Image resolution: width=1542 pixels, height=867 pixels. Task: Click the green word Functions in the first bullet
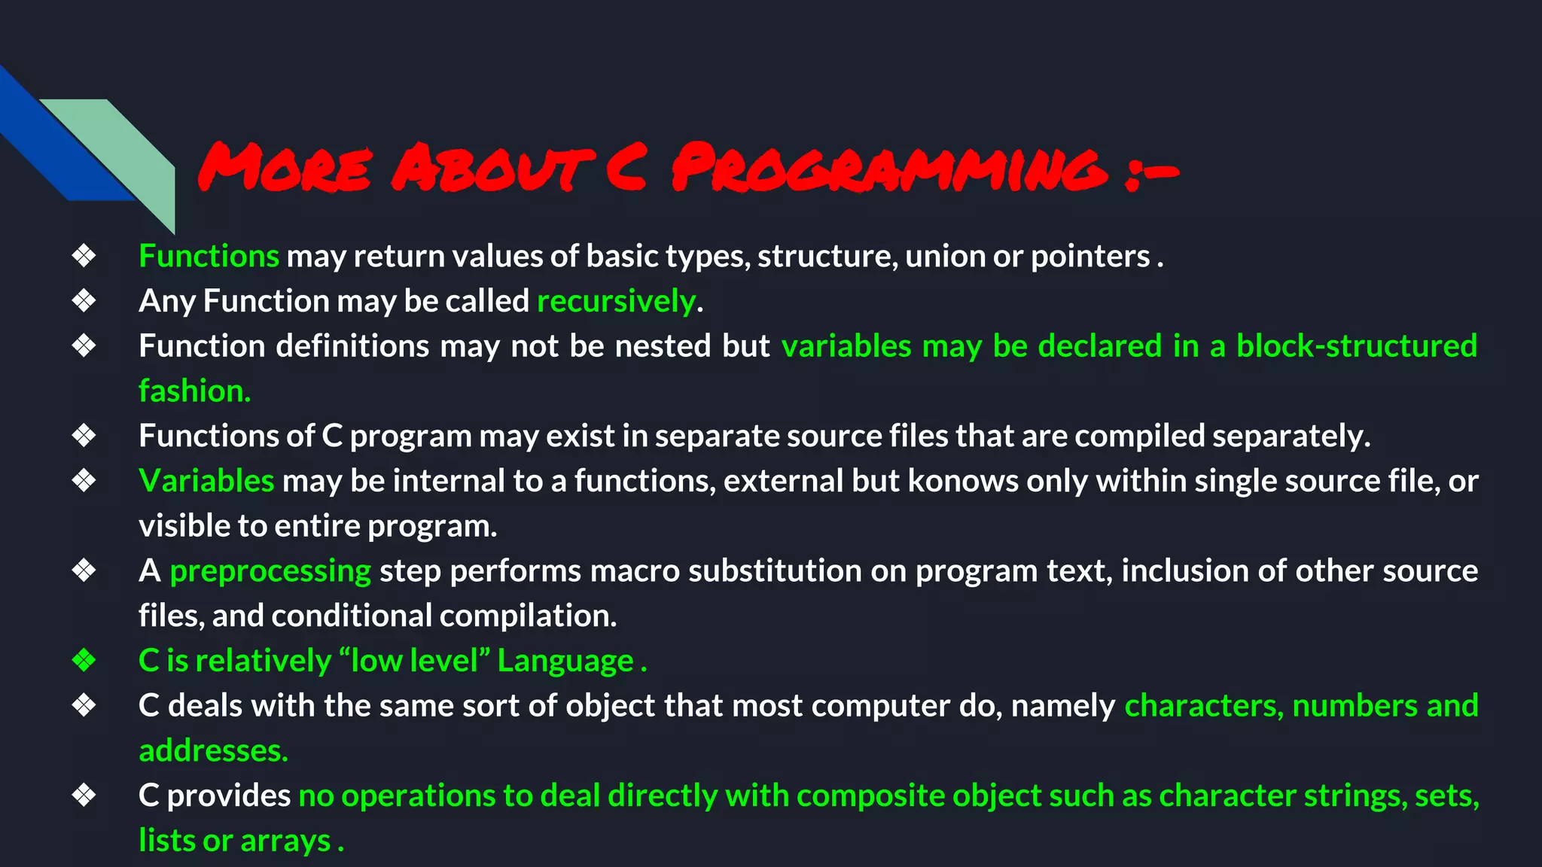tap(209, 257)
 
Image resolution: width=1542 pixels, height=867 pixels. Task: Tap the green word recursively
tap(616, 301)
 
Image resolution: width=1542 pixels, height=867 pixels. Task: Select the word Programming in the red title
tap(889, 167)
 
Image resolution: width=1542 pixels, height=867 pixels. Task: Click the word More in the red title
tap(285, 167)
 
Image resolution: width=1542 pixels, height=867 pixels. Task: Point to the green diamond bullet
tap(84, 661)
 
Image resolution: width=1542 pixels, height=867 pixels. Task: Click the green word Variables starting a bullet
tap(206, 481)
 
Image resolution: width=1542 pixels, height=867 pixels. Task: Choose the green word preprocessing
tap(270, 571)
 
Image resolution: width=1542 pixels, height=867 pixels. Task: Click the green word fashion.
tap(194, 391)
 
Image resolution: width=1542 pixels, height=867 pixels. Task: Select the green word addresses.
tap(213, 751)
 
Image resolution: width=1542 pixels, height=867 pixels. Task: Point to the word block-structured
tap(1356, 346)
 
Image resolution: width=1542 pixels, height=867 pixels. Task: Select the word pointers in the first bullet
tap(1089, 257)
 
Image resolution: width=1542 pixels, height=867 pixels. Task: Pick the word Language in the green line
tap(565, 661)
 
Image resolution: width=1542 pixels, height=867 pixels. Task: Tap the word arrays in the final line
tap(285, 841)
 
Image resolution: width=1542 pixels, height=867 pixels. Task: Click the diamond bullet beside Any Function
tap(84, 301)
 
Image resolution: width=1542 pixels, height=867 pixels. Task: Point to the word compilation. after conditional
tap(528, 616)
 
